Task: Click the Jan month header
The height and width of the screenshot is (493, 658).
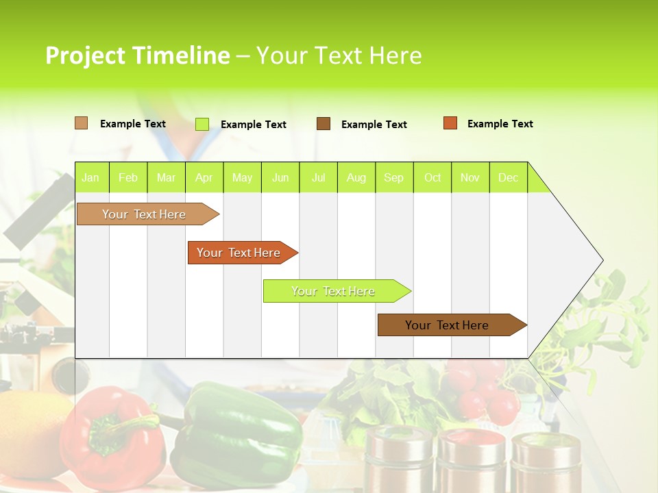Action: (90, 178)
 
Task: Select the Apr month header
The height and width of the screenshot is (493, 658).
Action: (204, 178)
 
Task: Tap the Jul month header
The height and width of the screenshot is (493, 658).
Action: (318, 178)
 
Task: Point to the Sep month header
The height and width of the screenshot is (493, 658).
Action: (393, 178)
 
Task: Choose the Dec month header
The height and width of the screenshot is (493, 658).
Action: (508, 178)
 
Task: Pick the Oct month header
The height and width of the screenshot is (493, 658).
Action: (432, 178)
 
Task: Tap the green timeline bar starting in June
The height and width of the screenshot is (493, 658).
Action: (334, 291)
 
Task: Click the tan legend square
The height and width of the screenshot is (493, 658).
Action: (81, 123)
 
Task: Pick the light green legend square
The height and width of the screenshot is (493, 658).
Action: (202, 124)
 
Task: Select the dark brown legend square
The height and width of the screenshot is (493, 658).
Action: (324, 124)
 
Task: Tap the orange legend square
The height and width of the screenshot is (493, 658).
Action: (450, 123)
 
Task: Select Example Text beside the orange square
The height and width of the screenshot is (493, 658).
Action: (500, 124)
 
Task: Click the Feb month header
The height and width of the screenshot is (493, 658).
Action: (128, 178)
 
